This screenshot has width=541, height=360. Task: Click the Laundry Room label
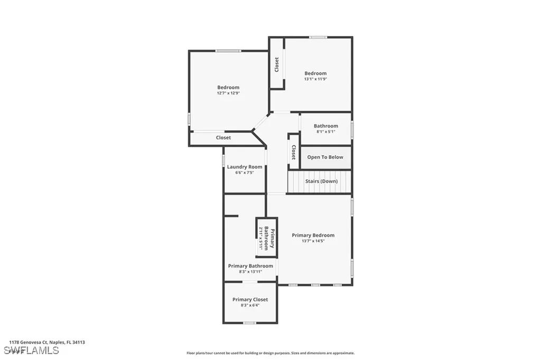[x=245, y=167]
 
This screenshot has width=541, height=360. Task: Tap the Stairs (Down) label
[x=321, y=181]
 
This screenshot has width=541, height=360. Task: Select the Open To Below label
[x=325, y=157]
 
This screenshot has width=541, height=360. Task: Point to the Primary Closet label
[x=250, y=299]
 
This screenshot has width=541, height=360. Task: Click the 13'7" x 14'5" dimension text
[x=313, y=241]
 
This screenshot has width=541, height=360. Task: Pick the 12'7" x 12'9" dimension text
[x=228, y=93]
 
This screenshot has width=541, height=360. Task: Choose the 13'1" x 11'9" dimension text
[x=315, y=79]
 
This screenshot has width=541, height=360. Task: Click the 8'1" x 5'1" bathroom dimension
[x=325, y=131]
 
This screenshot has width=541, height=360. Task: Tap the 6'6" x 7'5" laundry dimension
[x=245, y=172]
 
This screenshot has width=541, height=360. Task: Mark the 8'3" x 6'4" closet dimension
[x=250, y=305]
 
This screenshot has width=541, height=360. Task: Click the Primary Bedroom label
[x=313, y=235]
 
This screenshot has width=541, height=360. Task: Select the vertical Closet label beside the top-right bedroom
[x=276, y=65]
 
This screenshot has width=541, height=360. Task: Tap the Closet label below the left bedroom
[x=223, y=138]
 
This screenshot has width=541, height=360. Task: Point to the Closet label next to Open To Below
[x=293, y=153]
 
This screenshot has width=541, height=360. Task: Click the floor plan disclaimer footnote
[x=270, y=353]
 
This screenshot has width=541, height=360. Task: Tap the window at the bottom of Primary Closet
[x=249, y=323]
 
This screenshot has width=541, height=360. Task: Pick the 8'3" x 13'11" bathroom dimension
[x=250, y=272]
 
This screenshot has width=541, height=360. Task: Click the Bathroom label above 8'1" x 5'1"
[x=325, y=126]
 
